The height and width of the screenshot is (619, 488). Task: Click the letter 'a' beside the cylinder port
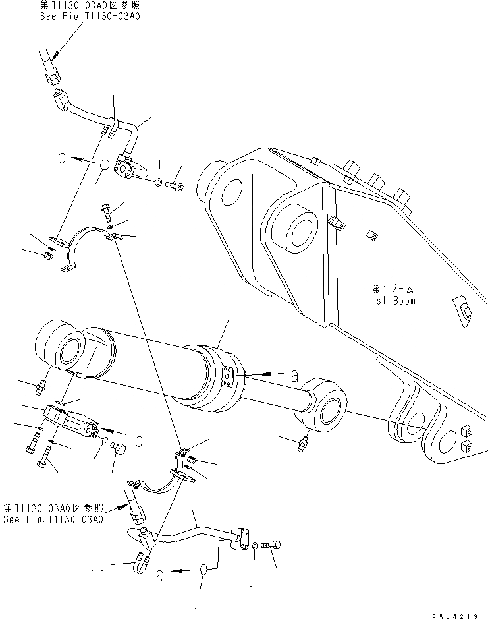coord(294,376)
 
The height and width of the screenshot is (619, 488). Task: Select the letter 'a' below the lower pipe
coord(160,575)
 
